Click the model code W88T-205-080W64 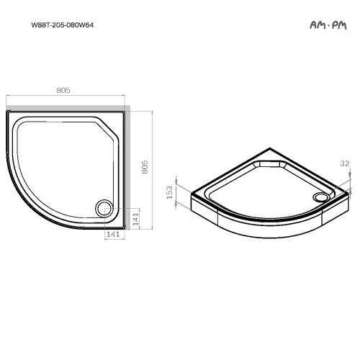click(x=62, y=24)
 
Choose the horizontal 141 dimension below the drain click(x=113, y=235)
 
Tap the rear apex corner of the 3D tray click(x=268, y=150)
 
